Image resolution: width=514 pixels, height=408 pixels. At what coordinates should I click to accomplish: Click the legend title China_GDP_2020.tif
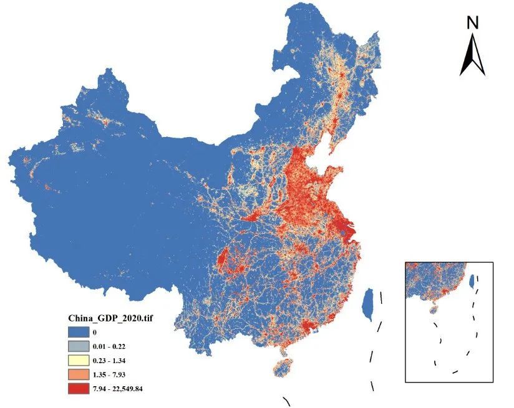tap(110, 318)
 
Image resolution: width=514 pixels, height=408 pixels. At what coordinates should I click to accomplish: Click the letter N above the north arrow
tap(472, 23)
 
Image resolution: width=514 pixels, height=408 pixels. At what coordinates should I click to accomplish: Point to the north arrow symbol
tap(472, 56)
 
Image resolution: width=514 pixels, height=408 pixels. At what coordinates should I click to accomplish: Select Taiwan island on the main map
tap(369, 305)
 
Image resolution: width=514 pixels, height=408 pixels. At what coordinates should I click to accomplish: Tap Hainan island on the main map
tap(282, 367)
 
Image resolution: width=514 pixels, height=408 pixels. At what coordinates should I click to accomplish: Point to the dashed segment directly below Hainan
tap(286, 401)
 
